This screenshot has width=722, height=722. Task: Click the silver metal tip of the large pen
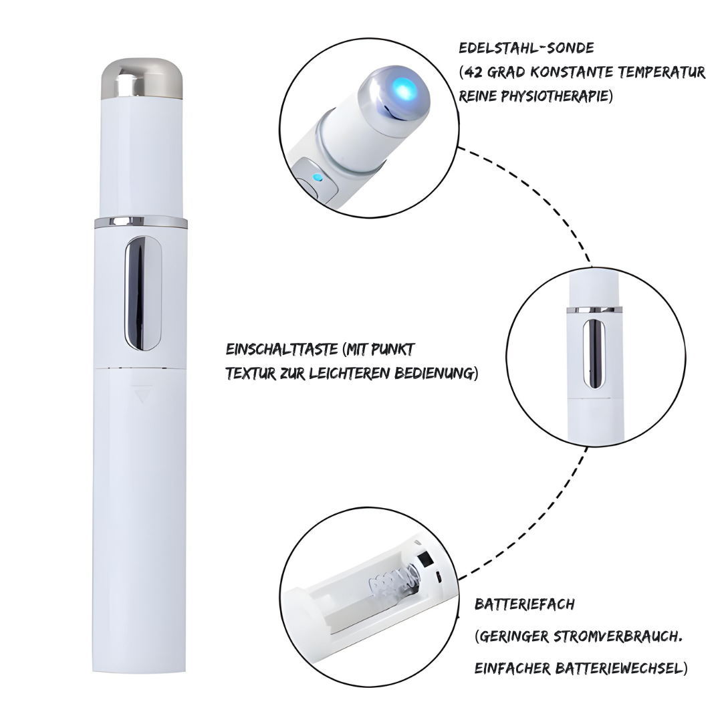[142, 79]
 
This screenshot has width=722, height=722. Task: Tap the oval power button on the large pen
[143, 293]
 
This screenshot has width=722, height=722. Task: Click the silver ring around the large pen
[141, 223]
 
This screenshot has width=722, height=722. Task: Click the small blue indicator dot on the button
[316, 176]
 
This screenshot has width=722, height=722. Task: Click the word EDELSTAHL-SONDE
[526, 48]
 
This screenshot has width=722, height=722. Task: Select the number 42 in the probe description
[472, 72]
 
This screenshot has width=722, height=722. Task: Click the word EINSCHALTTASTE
[282, 350]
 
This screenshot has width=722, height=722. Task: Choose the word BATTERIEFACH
[525, 604]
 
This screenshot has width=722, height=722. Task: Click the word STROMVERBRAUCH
[617, 637]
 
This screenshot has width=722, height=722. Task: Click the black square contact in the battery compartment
[425, 560]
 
